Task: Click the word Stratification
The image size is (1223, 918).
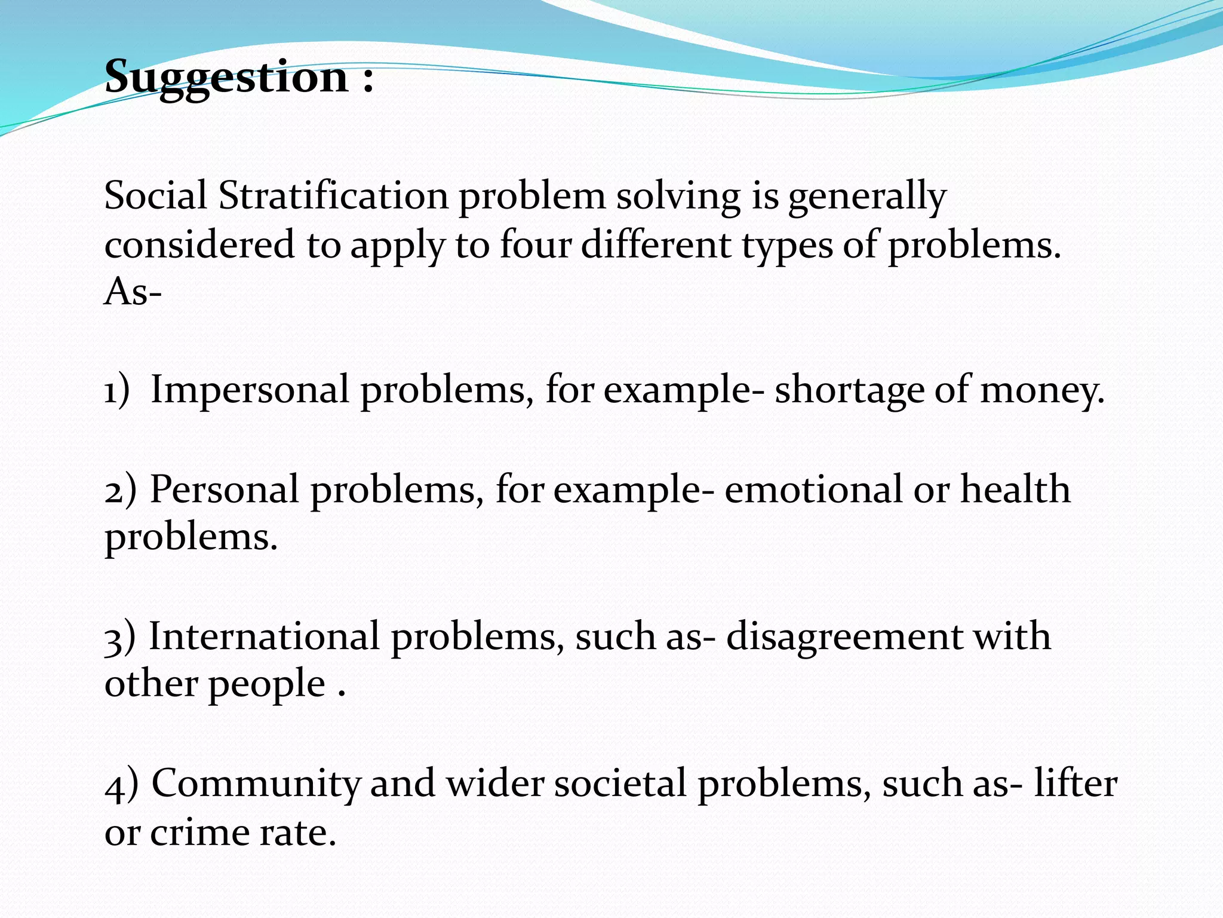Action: click(x=333, y=196)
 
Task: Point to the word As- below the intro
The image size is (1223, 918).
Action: click(x=133, y=293)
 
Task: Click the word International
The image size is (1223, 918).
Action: click(x=264, y=636)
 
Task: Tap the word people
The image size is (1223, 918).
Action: click(x=266, y=685)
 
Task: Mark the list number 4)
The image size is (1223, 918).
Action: click(x=121, y=784)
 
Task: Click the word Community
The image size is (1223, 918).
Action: click(x=257, y=784)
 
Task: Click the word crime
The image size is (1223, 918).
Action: click(x=199, y=833)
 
